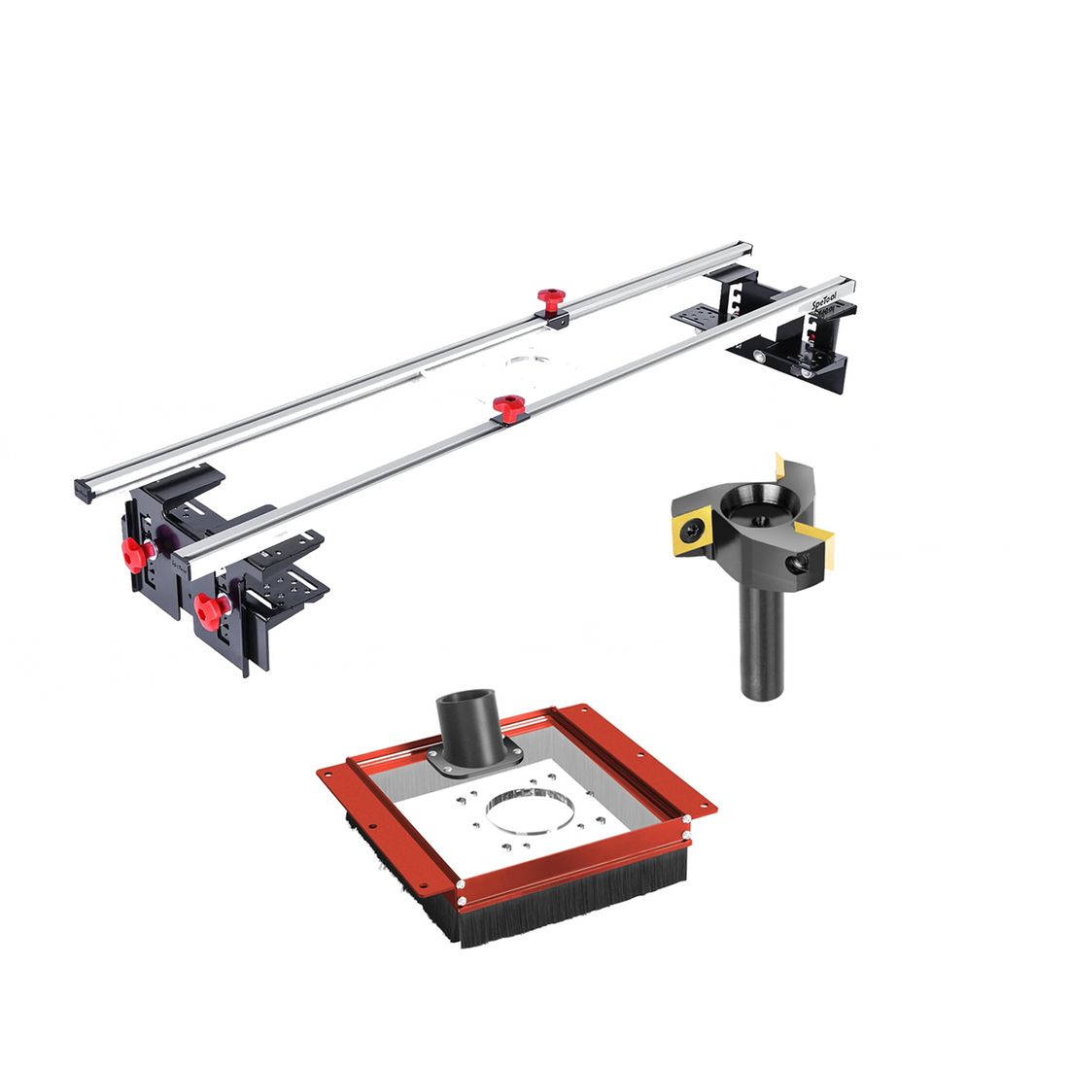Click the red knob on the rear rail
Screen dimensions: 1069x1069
[x=551, y=296]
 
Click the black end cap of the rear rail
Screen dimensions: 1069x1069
[x=83, y=490]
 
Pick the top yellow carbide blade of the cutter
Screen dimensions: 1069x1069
[x=785, y=469]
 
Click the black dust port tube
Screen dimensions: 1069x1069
[x=466, y=725]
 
